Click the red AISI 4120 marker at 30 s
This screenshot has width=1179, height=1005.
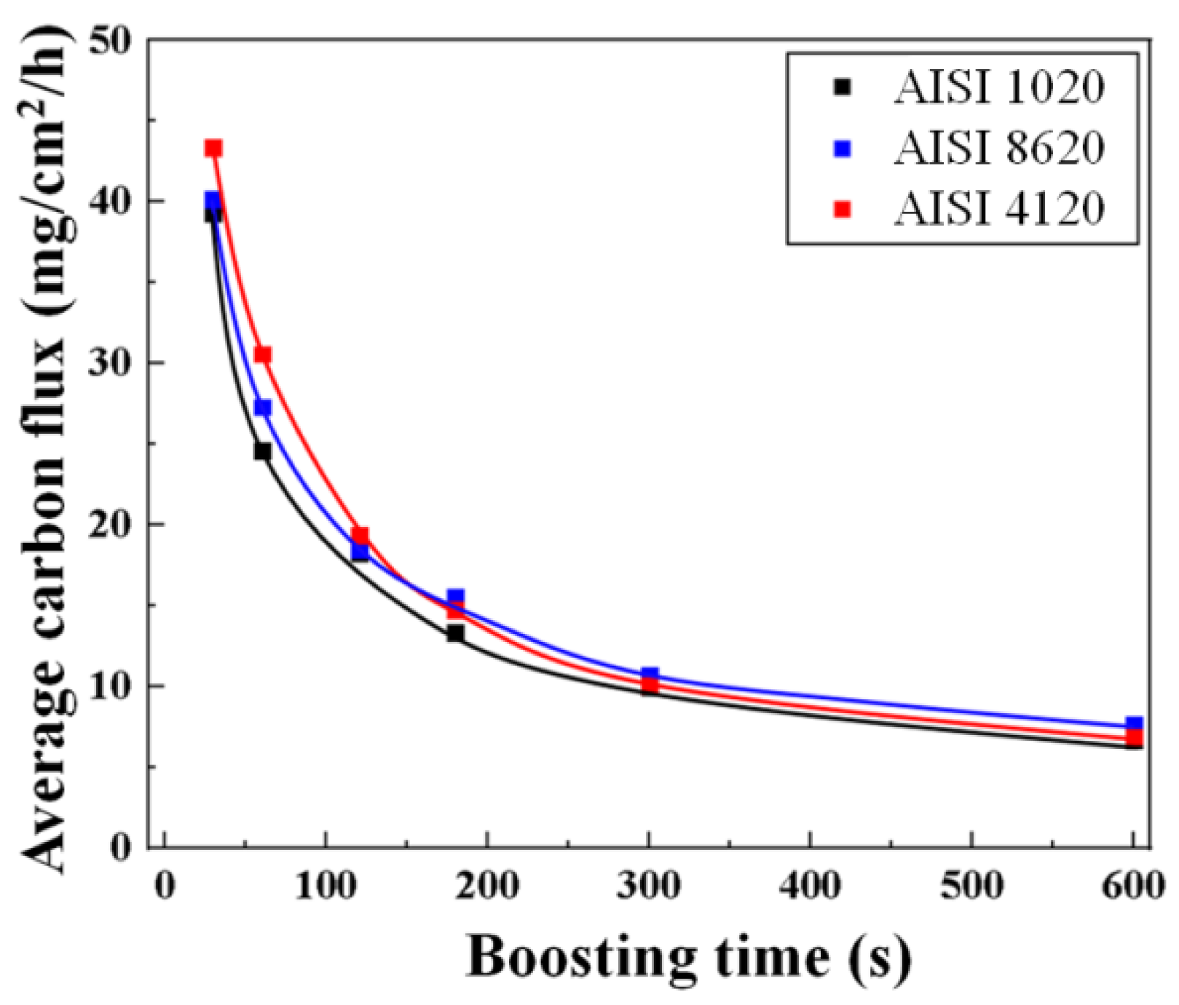tap(213, 148)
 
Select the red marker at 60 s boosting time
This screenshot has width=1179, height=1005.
tap(263, 354)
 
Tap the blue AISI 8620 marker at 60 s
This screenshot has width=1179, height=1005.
tap(263, 408)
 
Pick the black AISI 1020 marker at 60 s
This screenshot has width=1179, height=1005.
tap(262, 451)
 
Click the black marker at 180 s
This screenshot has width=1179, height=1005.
tap(455, 632)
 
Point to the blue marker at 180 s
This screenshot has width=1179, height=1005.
tap(456, 597)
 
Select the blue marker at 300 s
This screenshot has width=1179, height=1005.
tap(650, 675)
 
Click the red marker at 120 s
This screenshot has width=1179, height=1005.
tap(360, 536)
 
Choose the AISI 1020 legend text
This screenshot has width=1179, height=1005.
tap(999, 87)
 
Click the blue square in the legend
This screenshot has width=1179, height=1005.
tap(843, 148)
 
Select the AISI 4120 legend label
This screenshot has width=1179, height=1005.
tap(999, 209)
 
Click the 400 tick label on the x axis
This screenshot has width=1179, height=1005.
tap(810, 886)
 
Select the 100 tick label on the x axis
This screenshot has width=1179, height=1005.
tap(326, 886)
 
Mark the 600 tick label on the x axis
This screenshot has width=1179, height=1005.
tap(1133, 886)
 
